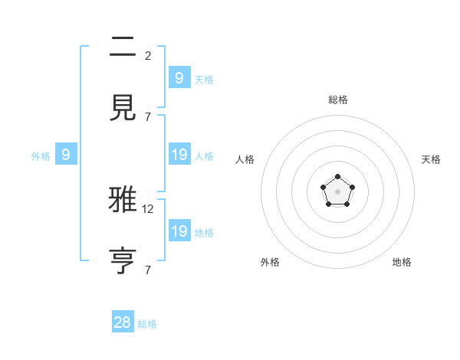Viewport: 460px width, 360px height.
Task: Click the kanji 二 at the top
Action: (x=123, y=49)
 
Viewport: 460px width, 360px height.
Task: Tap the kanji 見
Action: (x=123, y=108)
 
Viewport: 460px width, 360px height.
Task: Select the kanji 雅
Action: (x=123, y=201)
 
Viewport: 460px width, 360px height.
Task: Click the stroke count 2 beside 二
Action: (x=148, y=56)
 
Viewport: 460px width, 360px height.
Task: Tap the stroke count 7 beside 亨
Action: (x=148, y=270)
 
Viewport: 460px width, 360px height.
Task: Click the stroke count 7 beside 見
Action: (x=148, y=116)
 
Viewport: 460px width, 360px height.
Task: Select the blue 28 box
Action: (x=123, y=322)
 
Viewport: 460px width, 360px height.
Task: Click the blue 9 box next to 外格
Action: (x=66, y=155)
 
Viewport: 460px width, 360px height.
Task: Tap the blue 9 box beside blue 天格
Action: (x=179, y=78)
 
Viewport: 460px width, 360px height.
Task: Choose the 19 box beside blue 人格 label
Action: (x=179, y=155)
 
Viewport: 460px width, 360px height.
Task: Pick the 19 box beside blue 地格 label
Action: (x=179, y=231)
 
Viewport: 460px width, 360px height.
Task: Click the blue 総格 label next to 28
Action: (x=147, y=324)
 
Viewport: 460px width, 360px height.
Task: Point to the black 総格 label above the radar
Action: (x=338, y=100)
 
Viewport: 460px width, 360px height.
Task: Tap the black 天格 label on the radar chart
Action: (x=431, y=159)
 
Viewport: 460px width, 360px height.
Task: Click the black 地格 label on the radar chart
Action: (x=402, y=262)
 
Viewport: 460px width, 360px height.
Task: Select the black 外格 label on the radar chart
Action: (x=270, y=262)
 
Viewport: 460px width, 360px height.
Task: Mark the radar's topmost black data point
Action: (x=337, y=177)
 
